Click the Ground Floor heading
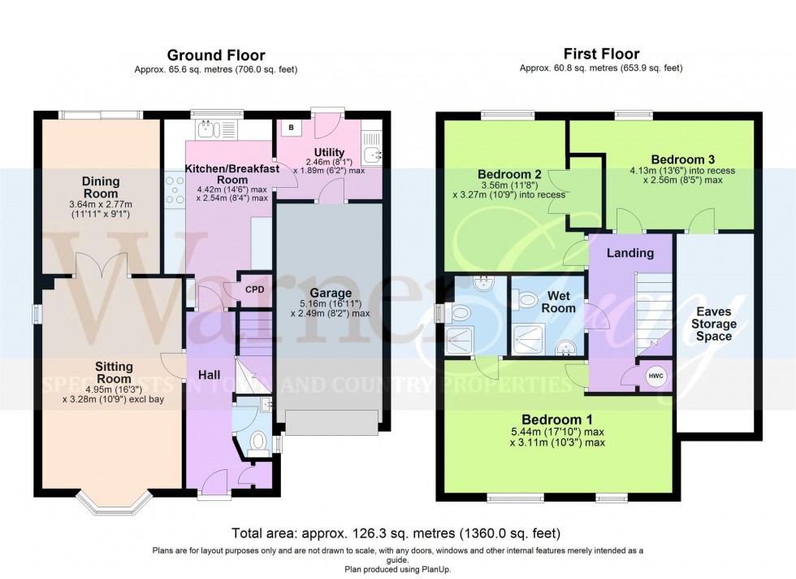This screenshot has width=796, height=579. pos(215,55)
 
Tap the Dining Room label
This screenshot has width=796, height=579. pos(101,188)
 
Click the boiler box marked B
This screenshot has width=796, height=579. pos(291,128)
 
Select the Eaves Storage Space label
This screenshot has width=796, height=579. pos(713,324)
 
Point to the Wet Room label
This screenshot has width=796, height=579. pos(560,302)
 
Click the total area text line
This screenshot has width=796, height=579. pos(396,534)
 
